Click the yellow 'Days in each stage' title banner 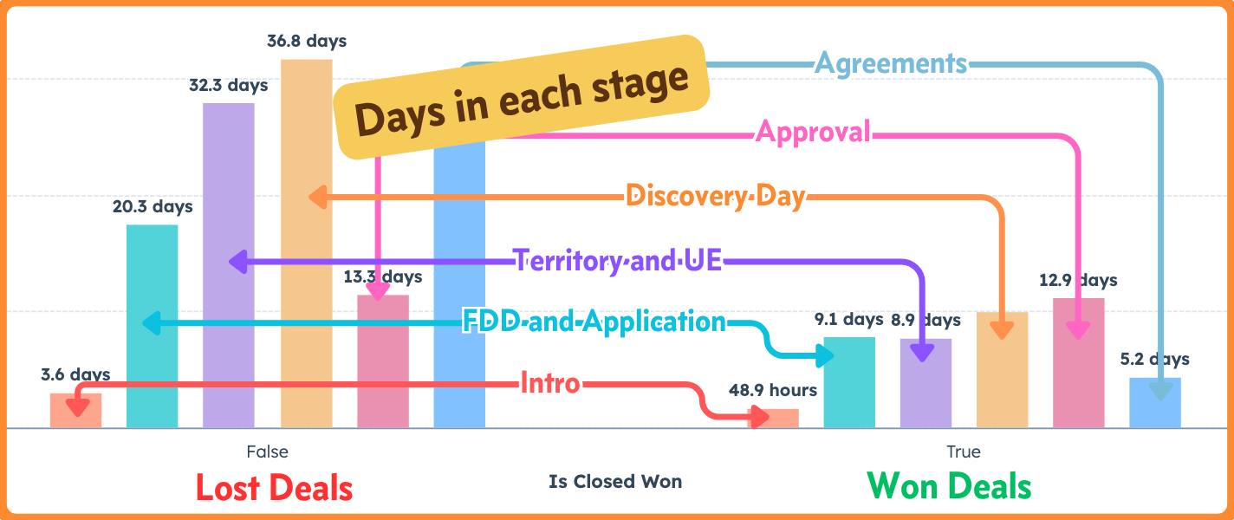click(522, 97)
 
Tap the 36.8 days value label click(307, 41)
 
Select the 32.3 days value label click(229, 85)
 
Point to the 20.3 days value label click(153, 207)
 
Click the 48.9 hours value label click(773, 390)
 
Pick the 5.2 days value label click(1155, 359)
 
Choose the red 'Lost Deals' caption click(274, 487)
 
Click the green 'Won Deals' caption click(950, 485)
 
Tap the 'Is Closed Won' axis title click(615, 481)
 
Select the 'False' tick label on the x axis click(267, 452)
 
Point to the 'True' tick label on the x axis click(964, 452)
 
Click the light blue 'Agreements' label click(892, 63)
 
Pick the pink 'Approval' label click(813, 132)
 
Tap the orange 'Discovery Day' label click(715, 197)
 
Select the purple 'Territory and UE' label click(618, 260)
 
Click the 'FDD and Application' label click(594, 322)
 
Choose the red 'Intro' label click(550, 382)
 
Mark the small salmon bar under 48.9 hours click(773, 419)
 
